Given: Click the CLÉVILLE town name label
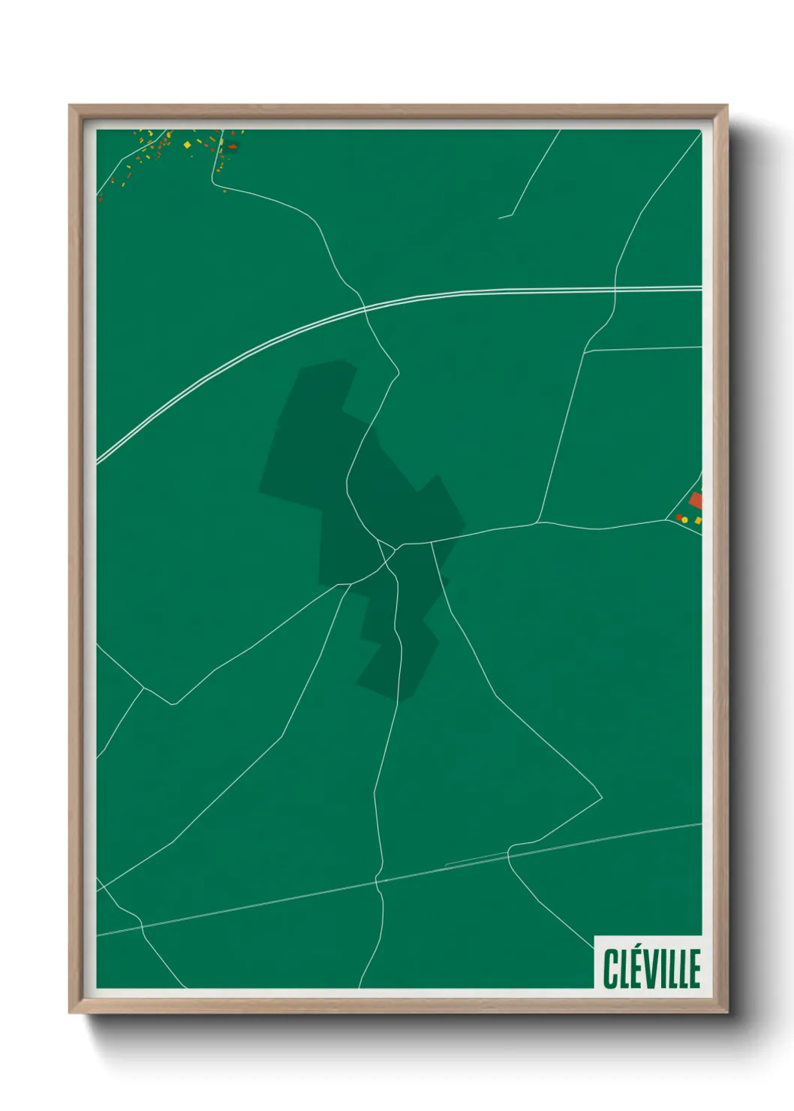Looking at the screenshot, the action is (x=651, y=968).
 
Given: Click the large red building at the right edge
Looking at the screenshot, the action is (x=695, y=501).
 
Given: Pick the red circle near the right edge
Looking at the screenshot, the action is (x=678, y=517).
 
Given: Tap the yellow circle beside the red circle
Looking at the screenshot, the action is (x=684, y=519).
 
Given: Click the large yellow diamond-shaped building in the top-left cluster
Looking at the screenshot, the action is (x=187, y=145).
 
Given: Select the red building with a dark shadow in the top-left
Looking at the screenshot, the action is (x=233, y=146).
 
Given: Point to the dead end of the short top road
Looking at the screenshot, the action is (x=499, y=218).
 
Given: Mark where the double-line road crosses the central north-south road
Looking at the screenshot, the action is (x=365, y=308).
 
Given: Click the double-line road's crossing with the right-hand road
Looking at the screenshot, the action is (x=615, y=288).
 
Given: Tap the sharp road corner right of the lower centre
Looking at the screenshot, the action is (x=602, y=798).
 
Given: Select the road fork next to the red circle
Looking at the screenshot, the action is (x=667, y=519).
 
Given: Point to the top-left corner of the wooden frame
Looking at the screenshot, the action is (x=70, y=106).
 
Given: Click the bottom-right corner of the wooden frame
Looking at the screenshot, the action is (x=726, y=1012).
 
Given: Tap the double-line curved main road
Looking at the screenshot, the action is (x=225, y=365).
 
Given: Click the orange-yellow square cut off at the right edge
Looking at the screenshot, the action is (x=698, y=520).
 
